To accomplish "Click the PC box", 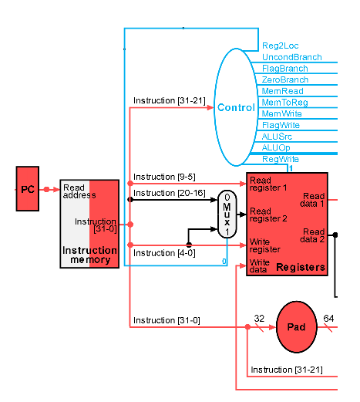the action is (28, 189).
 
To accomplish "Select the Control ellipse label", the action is (236, 107).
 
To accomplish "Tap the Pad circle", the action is (297, 326).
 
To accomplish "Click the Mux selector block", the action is (227, 215).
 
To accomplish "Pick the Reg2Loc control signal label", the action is (281, 46).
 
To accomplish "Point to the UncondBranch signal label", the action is (292, 57).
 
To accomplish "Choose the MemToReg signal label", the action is (284, 103).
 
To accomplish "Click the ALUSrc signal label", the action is (277, 137).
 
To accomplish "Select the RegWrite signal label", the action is (281, 159).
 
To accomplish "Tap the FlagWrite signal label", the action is (281, 125).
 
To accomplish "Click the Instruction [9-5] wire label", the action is (164, 177).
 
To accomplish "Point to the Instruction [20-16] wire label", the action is (170, 193).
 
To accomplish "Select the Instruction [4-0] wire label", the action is (164, 253).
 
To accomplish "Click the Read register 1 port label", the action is (268, 184).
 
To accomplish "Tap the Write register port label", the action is (265, 245).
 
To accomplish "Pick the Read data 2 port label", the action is (312, 235).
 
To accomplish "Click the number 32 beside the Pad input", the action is (259, 319).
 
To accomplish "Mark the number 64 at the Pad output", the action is (328, 319).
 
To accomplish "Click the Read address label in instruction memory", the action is (79, 191).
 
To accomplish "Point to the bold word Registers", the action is (301, 268).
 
